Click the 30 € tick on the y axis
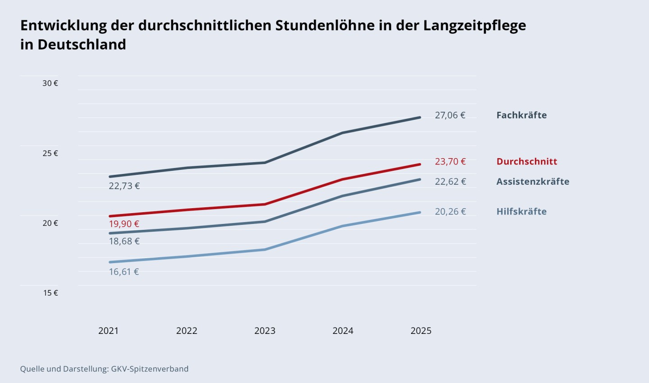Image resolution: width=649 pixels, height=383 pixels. (x=50, y=83)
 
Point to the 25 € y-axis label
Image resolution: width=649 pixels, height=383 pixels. (x=50, y=153)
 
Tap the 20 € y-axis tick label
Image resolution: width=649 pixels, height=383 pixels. (x=50, y=223)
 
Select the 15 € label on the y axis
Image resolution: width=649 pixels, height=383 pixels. (x=50, y=293)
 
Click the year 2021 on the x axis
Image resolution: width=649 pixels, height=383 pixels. (x=108, y=331)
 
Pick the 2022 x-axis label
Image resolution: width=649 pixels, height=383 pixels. (x=187, y=331)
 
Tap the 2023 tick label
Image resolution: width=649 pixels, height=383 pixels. (x=265, y=331)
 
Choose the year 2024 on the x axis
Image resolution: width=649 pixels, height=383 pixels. (x=343, y=331)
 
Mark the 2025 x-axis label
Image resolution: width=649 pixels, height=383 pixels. (x=421, y=331)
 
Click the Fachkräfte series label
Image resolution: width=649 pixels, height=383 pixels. (x=521, y=115)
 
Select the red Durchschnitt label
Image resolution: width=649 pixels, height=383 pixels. (x=526, y=162)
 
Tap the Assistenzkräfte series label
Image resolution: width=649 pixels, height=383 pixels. (x=533, y=182)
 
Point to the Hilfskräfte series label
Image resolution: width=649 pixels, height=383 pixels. (x=521, y=212)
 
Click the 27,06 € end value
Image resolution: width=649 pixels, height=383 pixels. (x=450, y=115)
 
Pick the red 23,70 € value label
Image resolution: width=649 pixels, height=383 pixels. (x=450, y=162)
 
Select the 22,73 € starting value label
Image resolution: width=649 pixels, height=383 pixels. (x=124, y=186)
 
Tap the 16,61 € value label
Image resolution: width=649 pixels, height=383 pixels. (x=124, y=272)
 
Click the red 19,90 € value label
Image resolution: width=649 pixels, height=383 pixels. (x=124, y=224)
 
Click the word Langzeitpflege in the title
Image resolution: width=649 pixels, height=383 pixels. (x=474, y=25)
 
